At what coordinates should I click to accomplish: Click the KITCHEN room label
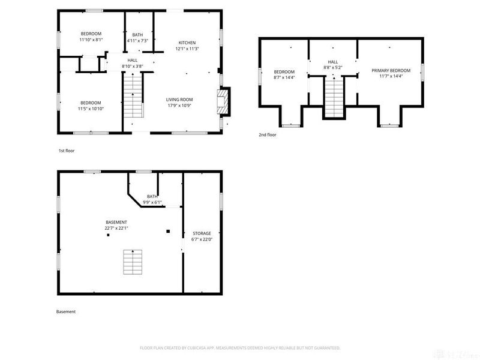pos(187,43)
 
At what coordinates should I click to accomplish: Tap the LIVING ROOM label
pos(179,100)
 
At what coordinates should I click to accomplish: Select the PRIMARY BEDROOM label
pos(391,70)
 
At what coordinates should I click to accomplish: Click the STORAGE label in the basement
pos(202,233)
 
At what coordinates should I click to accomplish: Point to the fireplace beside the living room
pos(223,101)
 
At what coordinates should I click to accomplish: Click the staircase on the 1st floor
pos(133,95)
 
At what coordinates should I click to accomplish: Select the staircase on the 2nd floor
pos(334,97)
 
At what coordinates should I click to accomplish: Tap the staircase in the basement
pos(133,262)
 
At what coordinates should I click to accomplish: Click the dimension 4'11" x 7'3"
pos(138,41)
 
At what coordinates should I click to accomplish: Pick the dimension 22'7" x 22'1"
pos(116,228)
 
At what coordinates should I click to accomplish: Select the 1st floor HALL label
pos(133,61)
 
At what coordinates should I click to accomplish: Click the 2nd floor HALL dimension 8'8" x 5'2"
pos(333,68)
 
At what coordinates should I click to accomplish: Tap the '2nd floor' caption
pos(268,134)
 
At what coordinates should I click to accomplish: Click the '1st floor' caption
pos(67,151)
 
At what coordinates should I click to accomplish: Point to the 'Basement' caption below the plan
pos(66,311)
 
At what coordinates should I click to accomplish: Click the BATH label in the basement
pos(152,197)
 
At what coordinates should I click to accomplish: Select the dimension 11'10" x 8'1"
pos(91,40)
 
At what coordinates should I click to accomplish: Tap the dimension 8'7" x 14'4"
pos(284,77)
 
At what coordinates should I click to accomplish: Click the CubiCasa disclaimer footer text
pos(240,348)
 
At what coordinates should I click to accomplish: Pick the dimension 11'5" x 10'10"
pos(91,109)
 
